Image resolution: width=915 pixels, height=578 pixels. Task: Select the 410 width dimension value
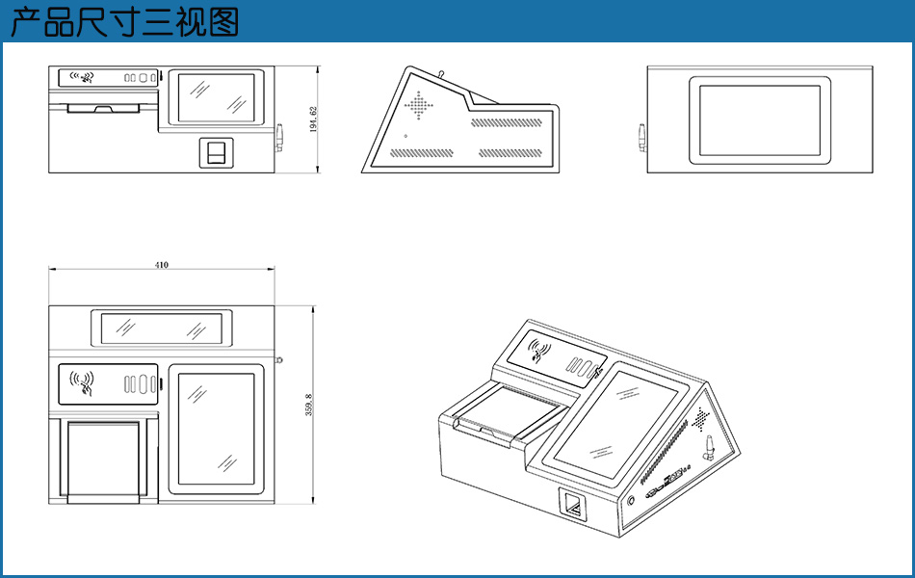pos(161,265)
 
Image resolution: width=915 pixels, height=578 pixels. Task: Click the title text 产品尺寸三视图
pos(124,21)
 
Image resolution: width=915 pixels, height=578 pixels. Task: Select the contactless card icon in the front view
pos(89,76)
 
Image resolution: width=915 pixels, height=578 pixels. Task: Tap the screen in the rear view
pos(758,120)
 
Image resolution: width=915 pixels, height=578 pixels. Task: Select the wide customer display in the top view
pos(162,328)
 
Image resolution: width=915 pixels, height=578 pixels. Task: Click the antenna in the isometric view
pos(705,447)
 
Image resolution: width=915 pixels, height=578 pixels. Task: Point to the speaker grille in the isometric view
pos(702,419)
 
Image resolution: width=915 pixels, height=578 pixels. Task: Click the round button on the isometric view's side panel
pos(631,501)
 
